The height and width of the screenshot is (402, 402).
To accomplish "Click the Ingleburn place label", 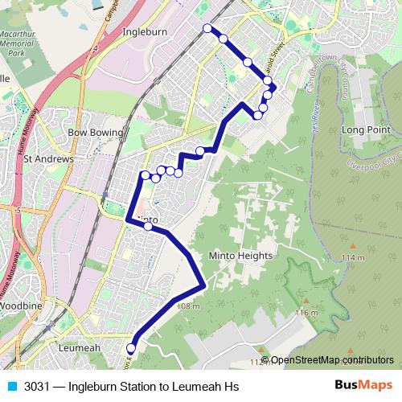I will (x=143, y=33).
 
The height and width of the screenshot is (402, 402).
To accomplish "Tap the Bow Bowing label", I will (x=96, y=132).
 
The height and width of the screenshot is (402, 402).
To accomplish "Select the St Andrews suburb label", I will (x=48, y=159).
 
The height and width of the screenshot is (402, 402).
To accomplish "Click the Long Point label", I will (x=366, y=129).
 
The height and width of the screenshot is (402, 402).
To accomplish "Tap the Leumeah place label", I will (x=80, y=348).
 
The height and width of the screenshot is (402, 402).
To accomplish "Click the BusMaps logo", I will (x=363, y=386).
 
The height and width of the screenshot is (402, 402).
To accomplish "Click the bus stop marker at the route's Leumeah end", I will (x=130, y=348).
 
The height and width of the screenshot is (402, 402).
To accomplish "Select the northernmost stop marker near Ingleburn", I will (x=207, y=28).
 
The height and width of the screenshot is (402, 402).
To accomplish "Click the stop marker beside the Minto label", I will (x=148, y=226).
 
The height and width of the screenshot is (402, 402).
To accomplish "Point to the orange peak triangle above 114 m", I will (x=351, y=245).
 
